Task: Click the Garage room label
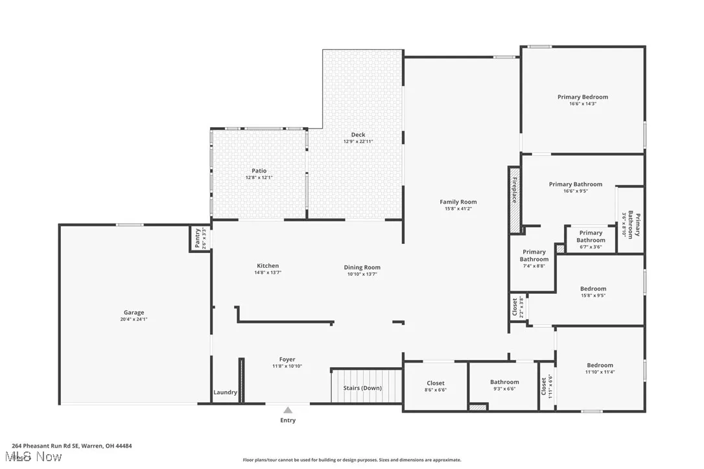coord(134,313)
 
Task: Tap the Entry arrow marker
coord(288,410)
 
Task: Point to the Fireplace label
coord(515,190)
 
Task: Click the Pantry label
coord(198,239)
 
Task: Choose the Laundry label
coord(226,392)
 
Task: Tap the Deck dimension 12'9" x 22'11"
coord(358,141)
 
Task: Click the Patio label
coord(259,171)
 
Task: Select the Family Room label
coord(458,202)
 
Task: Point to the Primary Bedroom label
coord(583,97)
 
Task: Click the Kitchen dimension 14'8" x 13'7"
coord(268,272)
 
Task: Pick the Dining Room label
coord(362,267)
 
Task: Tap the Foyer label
coord(287,359)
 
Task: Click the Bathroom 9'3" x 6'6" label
coord(504,382)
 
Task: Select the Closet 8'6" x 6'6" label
coord(436,383)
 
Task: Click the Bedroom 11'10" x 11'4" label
coord(600,365)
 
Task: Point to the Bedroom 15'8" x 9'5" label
coord(593,289)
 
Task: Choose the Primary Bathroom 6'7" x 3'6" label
coord(591,233)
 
